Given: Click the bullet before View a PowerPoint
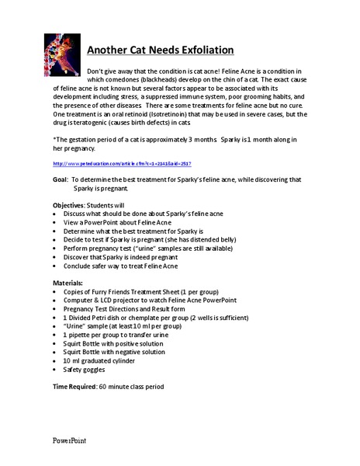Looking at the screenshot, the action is coord(54,222).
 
